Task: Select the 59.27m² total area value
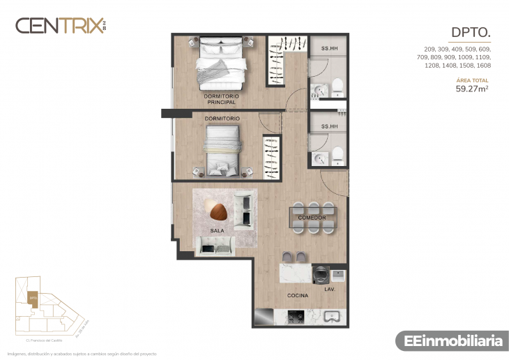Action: pos(473,89)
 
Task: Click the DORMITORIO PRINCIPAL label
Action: pos(222,98)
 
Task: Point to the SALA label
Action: pos(217,230)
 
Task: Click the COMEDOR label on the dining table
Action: pos(312,218)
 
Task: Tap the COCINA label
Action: pos(298,296)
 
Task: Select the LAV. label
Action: pos(330,288)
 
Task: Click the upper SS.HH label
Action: pos(329,49)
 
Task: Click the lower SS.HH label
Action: pos(329,126)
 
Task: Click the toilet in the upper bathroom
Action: pos(337,87)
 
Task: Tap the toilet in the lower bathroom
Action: pos(337,153)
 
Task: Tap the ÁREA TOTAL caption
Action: pos(472,81)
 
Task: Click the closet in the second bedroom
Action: pos(270,155)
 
